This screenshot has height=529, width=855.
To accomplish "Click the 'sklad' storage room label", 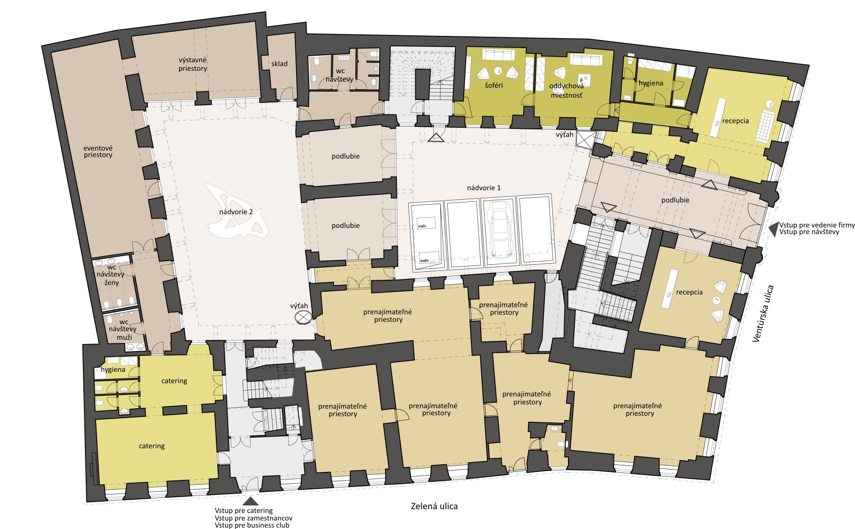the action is (279, 64).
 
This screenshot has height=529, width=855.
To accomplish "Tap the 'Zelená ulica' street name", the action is (434, 506).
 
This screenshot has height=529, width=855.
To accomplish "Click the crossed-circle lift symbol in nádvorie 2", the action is (302, 317).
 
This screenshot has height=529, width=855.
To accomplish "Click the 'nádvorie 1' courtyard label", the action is (484, 188).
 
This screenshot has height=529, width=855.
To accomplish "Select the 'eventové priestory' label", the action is (98, 151).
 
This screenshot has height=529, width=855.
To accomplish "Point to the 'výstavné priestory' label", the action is (193, 64).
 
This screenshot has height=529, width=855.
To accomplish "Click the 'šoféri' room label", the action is (494, 85).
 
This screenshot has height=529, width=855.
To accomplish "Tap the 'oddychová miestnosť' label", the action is (567, 91).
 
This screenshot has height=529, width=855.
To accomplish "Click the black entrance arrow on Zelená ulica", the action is (251, 501).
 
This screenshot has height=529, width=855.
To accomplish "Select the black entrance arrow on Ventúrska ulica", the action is (773, 230).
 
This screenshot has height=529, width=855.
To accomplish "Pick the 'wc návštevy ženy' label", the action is (111, 275).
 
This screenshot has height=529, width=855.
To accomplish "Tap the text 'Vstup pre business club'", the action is (252, 525).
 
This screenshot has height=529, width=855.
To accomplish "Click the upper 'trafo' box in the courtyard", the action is (426, 223).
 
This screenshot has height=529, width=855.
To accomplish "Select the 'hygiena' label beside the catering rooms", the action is (113, 369).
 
